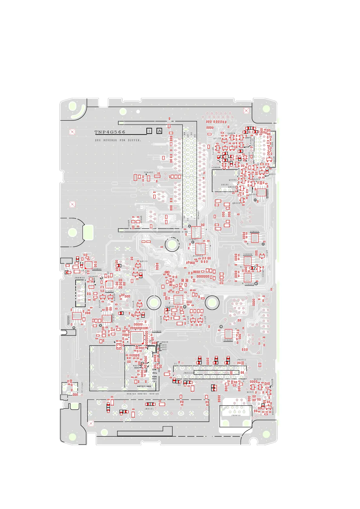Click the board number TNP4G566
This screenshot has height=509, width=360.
click(110, 132)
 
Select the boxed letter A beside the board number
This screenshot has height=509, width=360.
click(159, 131)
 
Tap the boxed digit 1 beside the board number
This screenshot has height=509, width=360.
click(149, 131)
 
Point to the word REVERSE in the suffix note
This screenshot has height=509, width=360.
click(110, 140)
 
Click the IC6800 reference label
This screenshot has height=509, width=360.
click(157, 331)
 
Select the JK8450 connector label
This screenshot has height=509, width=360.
click(80, 278)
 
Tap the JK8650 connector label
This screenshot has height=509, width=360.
click(236, 415)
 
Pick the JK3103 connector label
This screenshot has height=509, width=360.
click(188, 373)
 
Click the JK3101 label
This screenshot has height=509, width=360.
click(149, 409)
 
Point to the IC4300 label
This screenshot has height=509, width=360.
click(228, 340)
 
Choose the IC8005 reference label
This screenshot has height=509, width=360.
click(254, 232)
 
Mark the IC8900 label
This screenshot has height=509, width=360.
click(198, 256)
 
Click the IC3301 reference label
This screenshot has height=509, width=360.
click(109, 291)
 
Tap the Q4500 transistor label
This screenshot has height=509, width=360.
click(143, 261)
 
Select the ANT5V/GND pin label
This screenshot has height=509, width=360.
click(144, 386)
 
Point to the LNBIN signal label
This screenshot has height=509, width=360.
click(164, 342)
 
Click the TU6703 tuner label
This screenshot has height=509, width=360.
click(131, 394)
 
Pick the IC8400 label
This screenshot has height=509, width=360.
click(148, 172)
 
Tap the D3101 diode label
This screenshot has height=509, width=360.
click(225, 185)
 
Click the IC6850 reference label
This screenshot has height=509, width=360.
click(97, 269)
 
